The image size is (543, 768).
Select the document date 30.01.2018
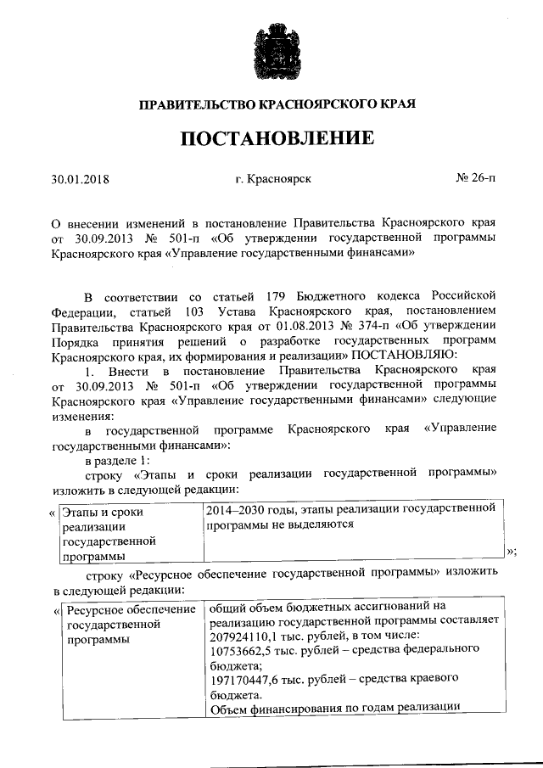coord(81,180)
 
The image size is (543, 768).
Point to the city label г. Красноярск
coord(274,180)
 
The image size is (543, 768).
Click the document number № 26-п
coord(476,179)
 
